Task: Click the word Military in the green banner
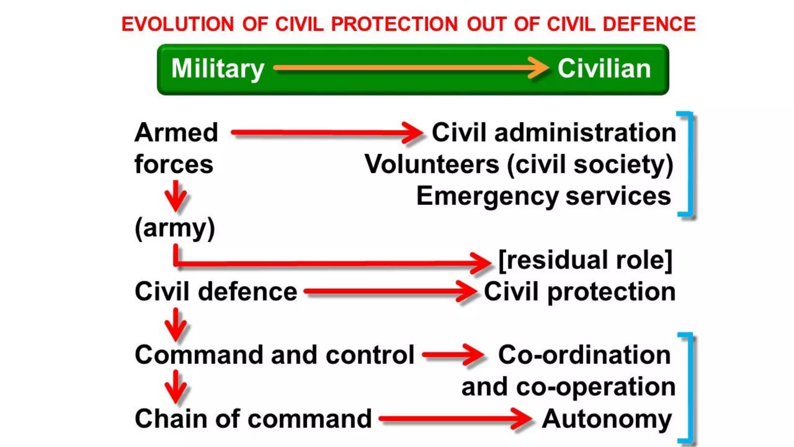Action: (x=217, y=69)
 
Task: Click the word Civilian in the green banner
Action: (x=604, y=69)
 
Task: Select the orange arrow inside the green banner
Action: (x=411, y=68)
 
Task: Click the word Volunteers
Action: (x=432, y=165)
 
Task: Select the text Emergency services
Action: (x=544, y=196)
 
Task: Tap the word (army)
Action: (x=174, y=228)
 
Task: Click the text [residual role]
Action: (x=585, y=260)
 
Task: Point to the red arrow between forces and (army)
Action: (x=176, y=196)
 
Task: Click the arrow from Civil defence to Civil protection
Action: (x=390, y=291)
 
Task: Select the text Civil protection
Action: (x=580, y=292)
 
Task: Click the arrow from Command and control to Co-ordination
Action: (x=452, y=355)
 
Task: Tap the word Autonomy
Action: (x=607, y=419)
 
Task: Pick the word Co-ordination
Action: (x=584, y=355)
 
